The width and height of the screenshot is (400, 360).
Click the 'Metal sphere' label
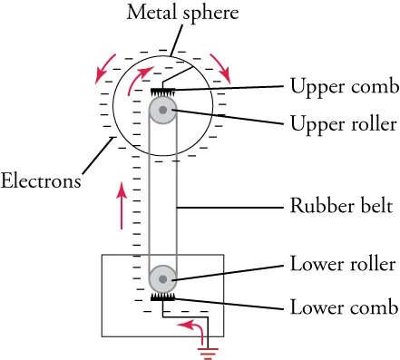(170, 14)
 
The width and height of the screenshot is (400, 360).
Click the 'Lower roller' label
(342, 265)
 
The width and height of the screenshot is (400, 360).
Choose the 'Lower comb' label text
(343, 306)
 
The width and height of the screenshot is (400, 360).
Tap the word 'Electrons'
(42, 180)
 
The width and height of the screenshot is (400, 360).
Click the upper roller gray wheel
(162, 111)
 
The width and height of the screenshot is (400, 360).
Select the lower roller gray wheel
(162, 278)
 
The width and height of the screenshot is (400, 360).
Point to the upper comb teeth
(162, 92)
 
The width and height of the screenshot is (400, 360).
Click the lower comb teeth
(162, 297)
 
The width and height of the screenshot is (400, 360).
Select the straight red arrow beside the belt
(118, 207)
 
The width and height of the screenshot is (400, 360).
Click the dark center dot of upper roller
(162, 111)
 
